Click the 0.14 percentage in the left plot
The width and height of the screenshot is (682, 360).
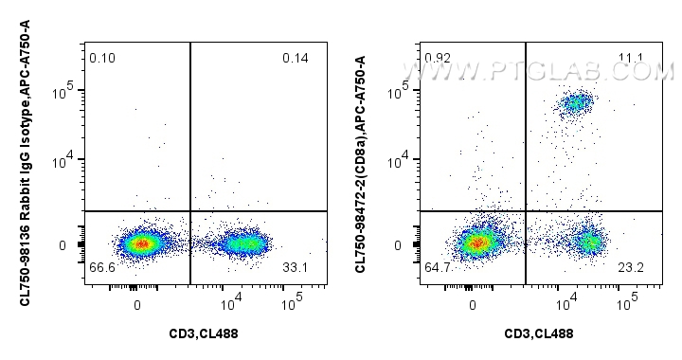pyautogui.click(x=296, y=59)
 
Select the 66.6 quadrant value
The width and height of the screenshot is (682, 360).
pyautogui.click(x=102, y=269)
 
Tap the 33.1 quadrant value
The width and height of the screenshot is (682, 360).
pyautogui.click(x=296, y=269)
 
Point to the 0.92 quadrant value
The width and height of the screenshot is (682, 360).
pyautogui.click(x=438, y=59)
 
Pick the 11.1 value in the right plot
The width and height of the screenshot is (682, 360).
pyautogui.click(x=631, y=59)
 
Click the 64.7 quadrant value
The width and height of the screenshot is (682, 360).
pyautogui.click(x=439, y=269)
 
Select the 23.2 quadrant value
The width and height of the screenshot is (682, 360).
pyautogui.click(x=631, y=269)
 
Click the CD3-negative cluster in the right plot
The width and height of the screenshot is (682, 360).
pyautogui.click(x=477, y=243)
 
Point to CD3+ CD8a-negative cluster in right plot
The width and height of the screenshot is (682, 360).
pyautogui.click(x=588, y=242)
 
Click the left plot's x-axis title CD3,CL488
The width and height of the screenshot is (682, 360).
pyautogui.click(x=206, y=333)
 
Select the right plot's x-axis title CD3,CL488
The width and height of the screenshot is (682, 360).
pyautogui.click(x=539, y=333)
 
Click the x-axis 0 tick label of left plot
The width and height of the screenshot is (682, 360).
pyautogui.click(x=138, y=305)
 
